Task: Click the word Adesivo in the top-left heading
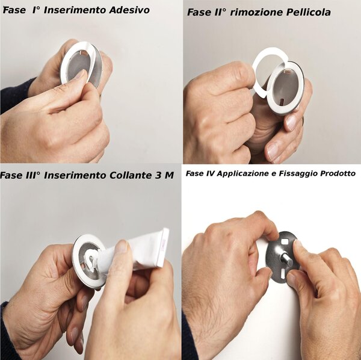129,10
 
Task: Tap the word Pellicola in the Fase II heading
308,12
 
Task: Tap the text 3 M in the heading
163,176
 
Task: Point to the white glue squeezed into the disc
90,260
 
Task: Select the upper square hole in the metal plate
285,242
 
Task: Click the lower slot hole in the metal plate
283,273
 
